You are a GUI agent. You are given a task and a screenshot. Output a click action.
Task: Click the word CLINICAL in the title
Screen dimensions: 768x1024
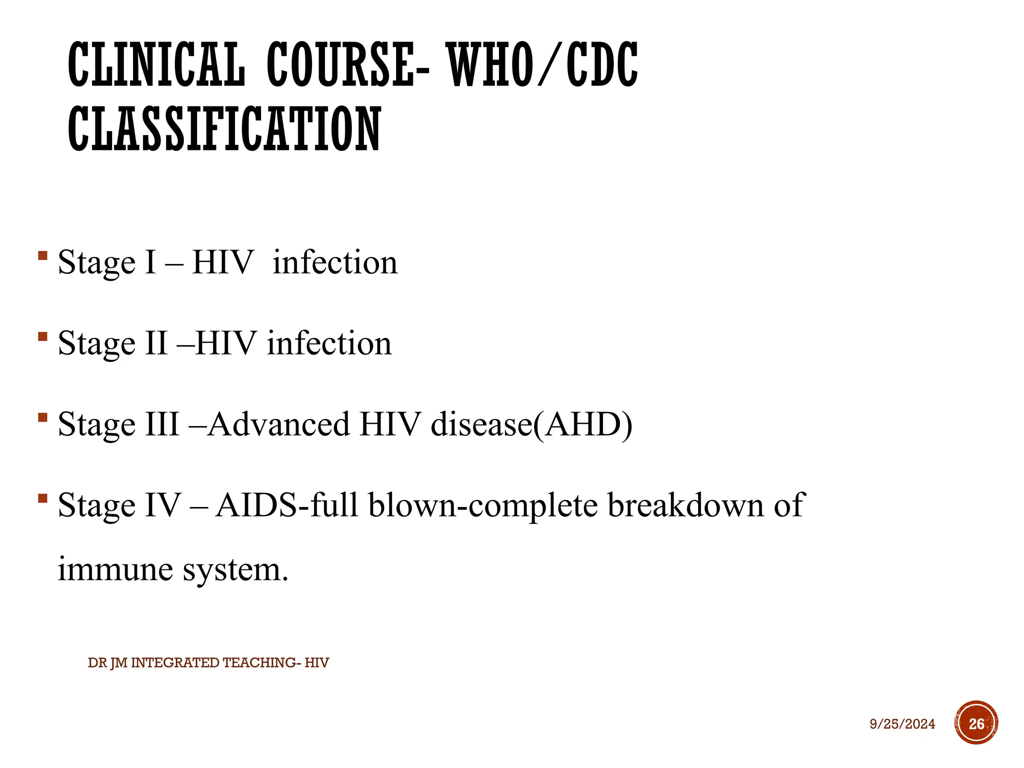[156, 65]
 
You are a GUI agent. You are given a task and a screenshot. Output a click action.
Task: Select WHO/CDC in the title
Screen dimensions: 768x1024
[542, 65]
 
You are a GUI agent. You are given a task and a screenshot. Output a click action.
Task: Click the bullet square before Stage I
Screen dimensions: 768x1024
[43, 256]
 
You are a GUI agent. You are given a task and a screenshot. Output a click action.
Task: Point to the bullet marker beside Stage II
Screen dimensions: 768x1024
[43, 337]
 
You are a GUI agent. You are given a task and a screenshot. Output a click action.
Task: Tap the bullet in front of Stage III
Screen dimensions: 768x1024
[43, 417]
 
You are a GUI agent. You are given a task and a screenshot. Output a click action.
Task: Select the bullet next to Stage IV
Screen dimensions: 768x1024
[43, 498]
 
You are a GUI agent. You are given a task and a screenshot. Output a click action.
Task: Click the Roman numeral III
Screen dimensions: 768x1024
[162, 424]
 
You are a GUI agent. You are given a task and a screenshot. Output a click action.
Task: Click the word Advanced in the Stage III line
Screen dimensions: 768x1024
[278, 424]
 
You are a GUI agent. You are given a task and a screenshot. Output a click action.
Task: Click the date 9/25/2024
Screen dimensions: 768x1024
[902, 724]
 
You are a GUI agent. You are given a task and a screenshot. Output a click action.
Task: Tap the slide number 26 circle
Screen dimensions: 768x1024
[976, 723]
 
